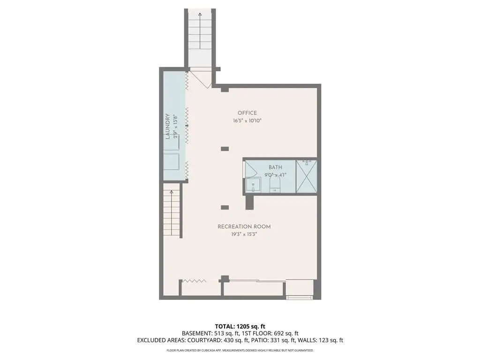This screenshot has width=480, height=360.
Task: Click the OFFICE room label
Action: tap(247, 113)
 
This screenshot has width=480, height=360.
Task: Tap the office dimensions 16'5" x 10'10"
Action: tap(247, 120)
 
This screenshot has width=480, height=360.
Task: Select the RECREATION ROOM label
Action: tap(244, 227)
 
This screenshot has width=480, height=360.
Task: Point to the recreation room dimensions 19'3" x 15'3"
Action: tap(244, 234)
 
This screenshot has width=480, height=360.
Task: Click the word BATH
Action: tap(275, 167)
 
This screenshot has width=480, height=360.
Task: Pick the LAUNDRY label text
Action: tap(167, 127)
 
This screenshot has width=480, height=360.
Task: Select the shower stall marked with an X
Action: tap(307, 177)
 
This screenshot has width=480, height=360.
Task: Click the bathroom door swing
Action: tap(250, 169)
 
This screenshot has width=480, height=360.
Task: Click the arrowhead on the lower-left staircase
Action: tap(172, 192)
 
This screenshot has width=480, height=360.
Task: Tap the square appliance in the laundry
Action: tap(171, 161)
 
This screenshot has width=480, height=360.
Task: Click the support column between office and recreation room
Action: tap(225, 149)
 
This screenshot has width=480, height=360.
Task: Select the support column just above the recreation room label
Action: tap(225, 208)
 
